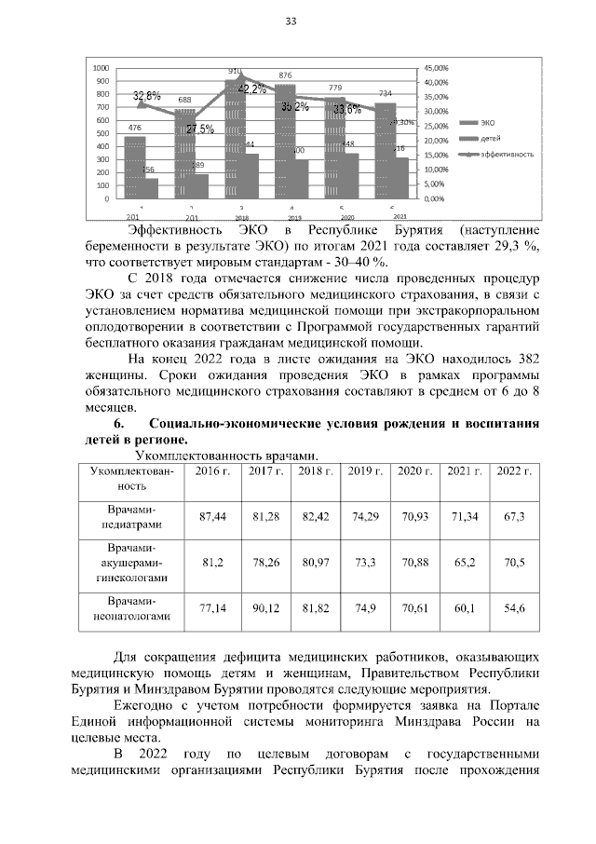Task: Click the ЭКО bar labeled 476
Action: click(x=135, y=168)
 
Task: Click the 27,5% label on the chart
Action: click(x=199, y=129)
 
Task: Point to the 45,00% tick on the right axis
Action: click(x=437, y=68)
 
